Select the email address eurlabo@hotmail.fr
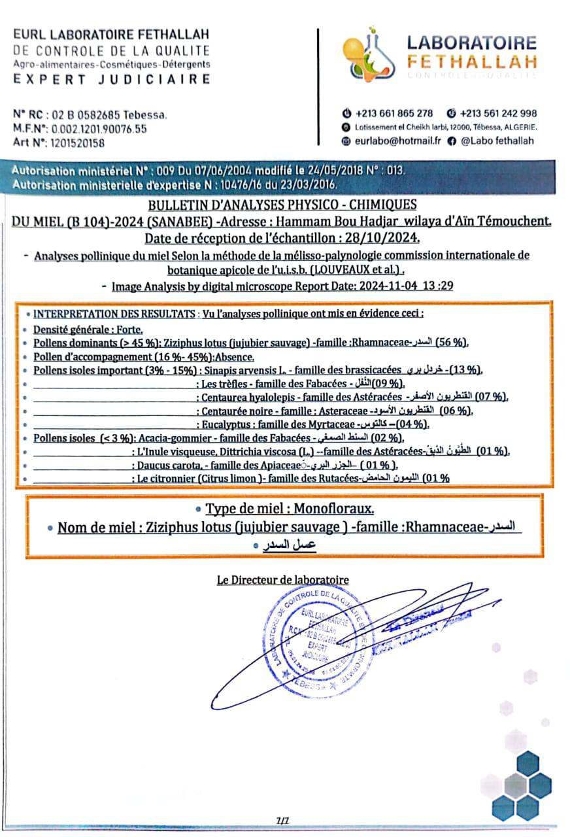tap(397, 141)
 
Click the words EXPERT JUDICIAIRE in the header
tap(112, 80)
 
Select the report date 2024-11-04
tap(394, 286)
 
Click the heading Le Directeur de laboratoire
tap(282, 579)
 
